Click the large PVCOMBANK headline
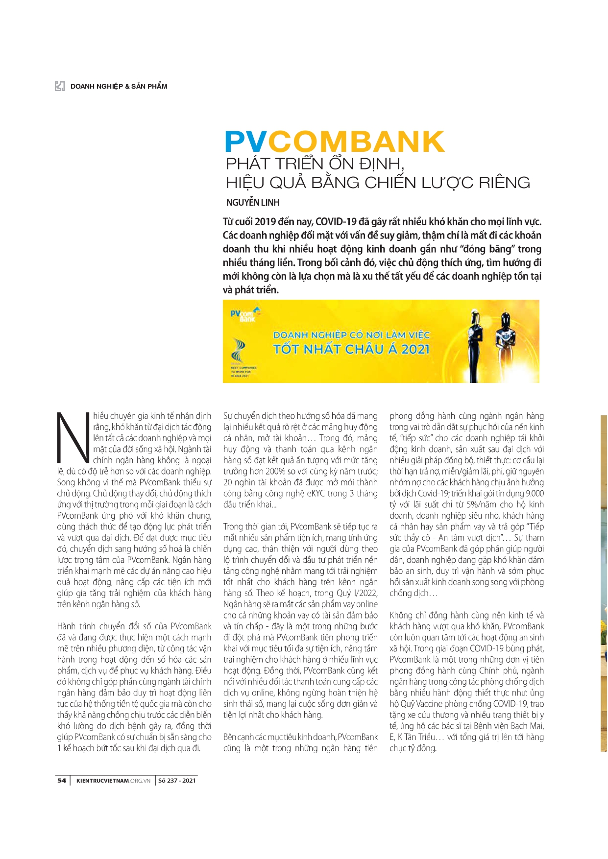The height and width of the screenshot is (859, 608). pos(335,142)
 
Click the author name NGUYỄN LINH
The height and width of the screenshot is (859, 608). pos(253,202)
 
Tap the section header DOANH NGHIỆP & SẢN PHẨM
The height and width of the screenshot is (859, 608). pos(119,86)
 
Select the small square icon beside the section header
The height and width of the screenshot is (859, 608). pos(60,86)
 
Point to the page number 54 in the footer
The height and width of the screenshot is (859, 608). pos(62,780)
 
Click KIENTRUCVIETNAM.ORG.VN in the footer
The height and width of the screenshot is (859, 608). pos(113,780)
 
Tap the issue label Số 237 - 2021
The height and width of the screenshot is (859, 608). pos(177,780)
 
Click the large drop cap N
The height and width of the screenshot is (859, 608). pos(73,438)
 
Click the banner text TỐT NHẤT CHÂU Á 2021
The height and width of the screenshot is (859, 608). pos(351,349)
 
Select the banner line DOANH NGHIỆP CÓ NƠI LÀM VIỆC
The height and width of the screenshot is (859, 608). pos(351,335)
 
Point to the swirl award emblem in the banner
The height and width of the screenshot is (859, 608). pos(239,350)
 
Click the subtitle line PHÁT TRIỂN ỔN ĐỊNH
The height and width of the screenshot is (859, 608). pos(315,163)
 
